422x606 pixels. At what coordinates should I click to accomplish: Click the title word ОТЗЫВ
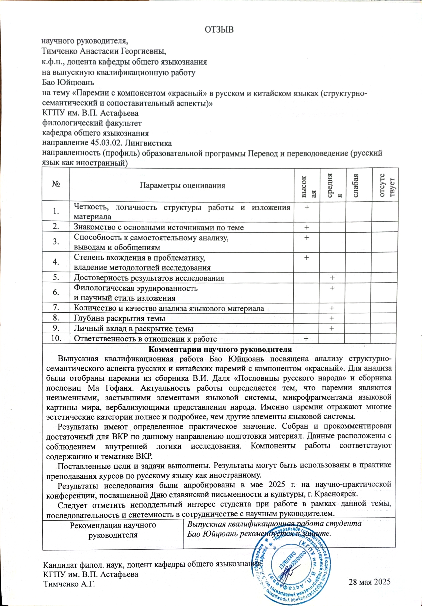tap(219, 29)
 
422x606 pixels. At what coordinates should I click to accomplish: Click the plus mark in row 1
tap(307, 208)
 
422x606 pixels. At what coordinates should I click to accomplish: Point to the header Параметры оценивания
tap(182, 186)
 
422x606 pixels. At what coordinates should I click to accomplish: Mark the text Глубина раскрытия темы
tap(119, 319)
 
